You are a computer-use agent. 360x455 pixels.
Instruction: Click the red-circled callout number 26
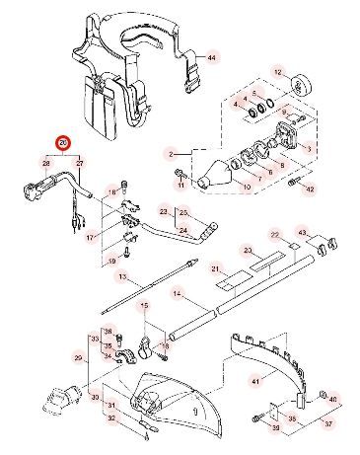62,143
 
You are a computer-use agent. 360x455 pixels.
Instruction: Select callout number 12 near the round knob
278,73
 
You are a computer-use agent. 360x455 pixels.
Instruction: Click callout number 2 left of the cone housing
170,155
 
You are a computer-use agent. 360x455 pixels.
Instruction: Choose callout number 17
92,237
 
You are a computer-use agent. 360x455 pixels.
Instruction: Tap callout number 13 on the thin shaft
123,280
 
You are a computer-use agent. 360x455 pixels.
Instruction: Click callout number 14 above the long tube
177,293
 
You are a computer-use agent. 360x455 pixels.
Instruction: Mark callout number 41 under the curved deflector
254,380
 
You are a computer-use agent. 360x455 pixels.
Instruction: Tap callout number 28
44,161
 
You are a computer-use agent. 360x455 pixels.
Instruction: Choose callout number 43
302,233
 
